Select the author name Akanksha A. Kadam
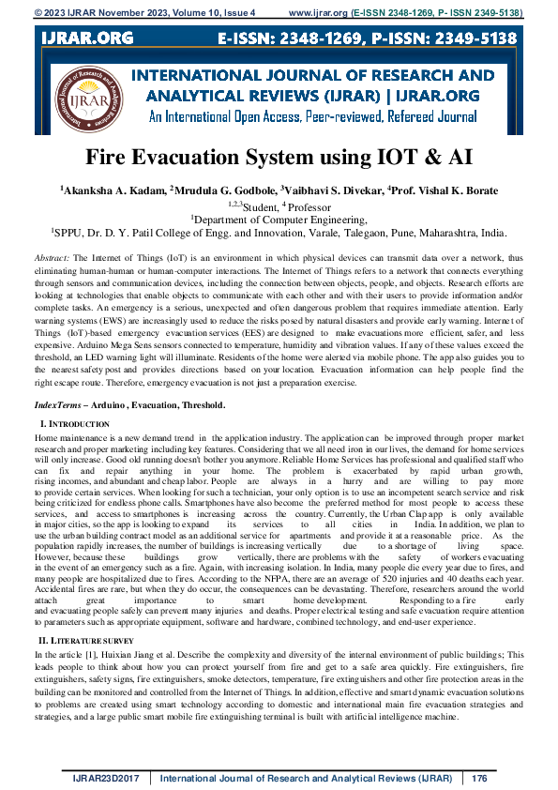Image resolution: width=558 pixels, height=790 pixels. pos(112,190)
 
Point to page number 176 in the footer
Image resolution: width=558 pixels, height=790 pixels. pos(480,778)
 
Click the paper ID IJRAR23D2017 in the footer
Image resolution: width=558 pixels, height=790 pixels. pos(110,778)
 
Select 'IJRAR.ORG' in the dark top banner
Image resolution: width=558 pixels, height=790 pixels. pos(85,38)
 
